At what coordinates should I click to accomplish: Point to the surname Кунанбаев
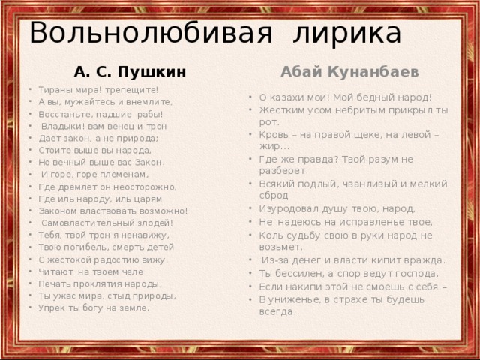tap(367, 71)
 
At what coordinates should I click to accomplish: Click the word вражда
tap(421, 260)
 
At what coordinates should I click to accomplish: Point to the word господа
tap(412, 273)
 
